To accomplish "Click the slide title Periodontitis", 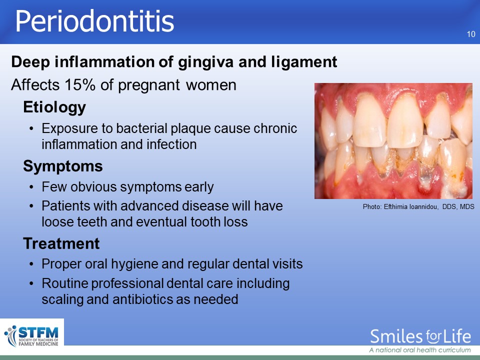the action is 94,21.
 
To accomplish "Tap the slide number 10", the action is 471,34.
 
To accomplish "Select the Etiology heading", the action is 54,107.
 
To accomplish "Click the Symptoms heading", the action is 63,166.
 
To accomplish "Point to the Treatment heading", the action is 61,243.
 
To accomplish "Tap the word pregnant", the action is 149,85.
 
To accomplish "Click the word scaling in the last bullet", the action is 62,299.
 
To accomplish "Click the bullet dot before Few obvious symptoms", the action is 31,187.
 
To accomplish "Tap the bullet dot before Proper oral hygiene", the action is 31,264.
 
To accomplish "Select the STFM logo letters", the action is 38,332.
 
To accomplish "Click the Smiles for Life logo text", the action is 420,336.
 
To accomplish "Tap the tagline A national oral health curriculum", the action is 420,350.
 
